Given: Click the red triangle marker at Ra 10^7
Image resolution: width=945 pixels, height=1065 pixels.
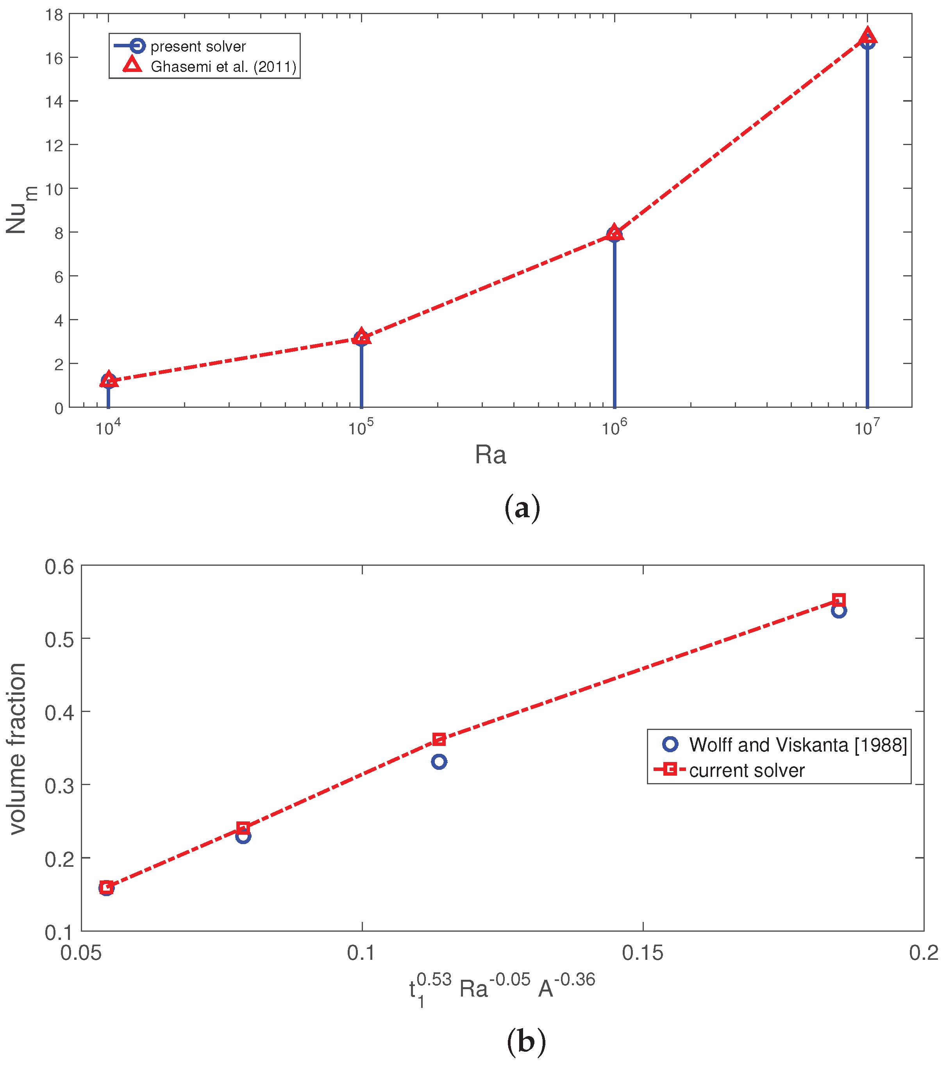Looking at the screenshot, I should click(867, 36).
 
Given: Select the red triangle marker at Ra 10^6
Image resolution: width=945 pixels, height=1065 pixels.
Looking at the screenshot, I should click(615, 232).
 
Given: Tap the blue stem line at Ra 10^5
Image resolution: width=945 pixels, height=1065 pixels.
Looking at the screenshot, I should click(361, 375).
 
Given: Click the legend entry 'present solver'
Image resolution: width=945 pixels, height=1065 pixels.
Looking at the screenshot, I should click(198, 47).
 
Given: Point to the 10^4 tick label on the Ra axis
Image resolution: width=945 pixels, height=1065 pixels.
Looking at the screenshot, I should click(108, 428).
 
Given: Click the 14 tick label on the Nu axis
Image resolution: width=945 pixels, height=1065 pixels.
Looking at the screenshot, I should click(54, 102).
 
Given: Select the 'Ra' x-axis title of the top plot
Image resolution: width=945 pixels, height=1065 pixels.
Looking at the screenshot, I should click(490, 455).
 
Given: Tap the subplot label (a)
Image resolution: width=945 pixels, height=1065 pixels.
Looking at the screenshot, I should click(522, 508).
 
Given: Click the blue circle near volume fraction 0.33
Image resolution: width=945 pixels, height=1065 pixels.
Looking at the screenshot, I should click(439, 762).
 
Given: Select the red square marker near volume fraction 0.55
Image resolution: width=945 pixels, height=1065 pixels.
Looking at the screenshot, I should click(838, 600).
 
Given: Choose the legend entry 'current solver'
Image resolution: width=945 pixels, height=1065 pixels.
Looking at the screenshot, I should click(747, 771).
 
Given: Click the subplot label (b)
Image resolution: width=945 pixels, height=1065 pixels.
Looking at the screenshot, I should click(526, 1042).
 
